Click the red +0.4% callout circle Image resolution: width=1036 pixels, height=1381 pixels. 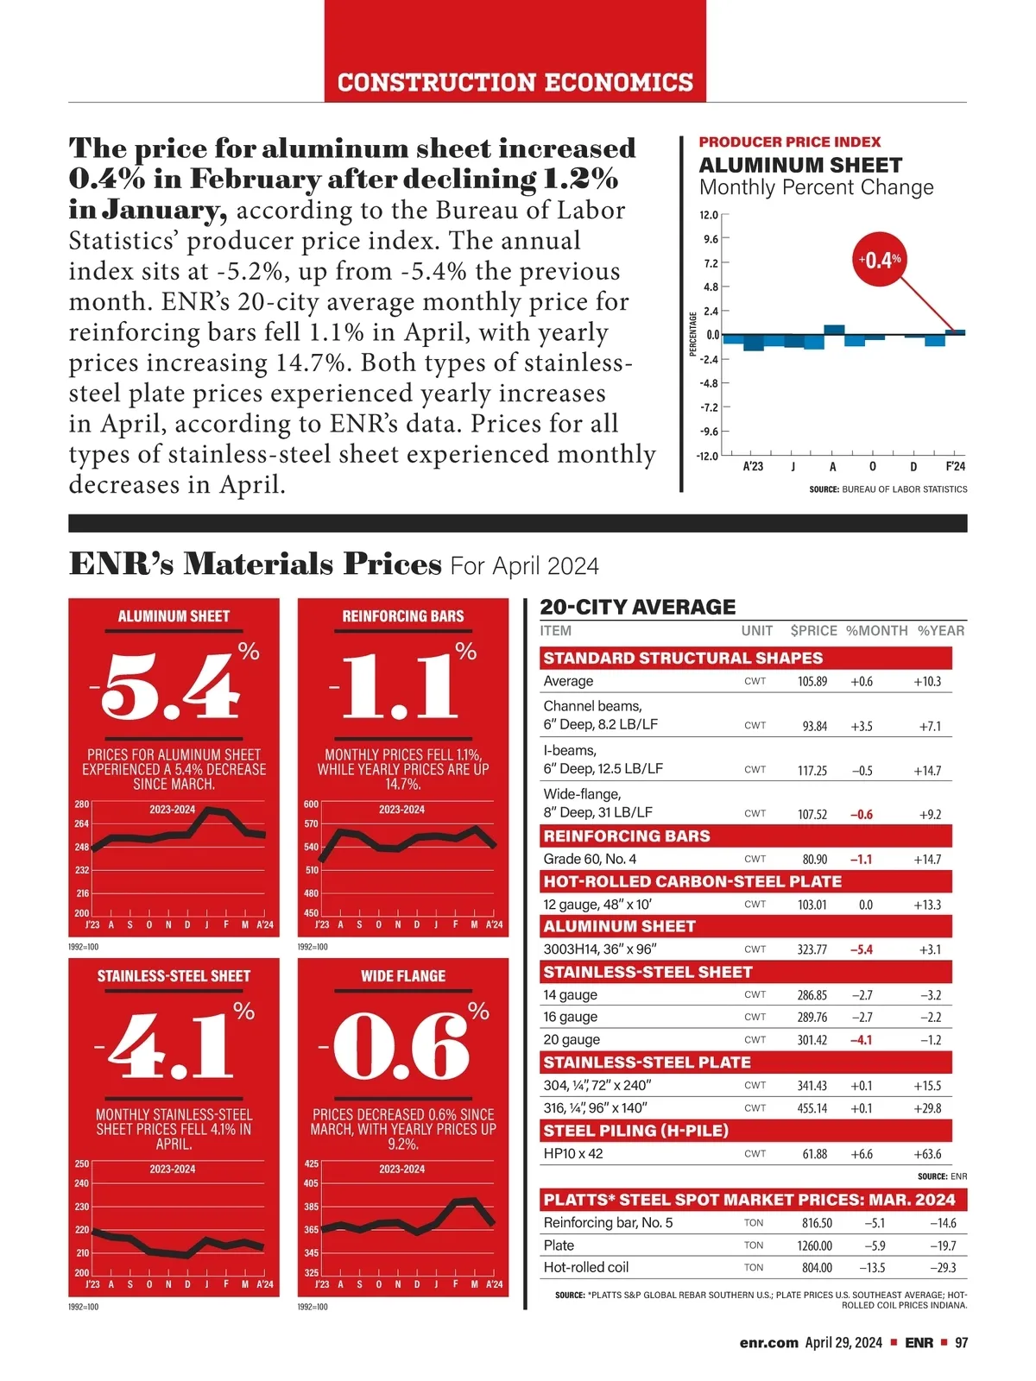[x=880, y=260]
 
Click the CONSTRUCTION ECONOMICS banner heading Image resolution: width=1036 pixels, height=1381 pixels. [x=515, y=83]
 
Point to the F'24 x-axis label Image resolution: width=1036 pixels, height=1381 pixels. [x=955, y=467]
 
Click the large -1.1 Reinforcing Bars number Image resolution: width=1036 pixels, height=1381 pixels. [x=399, y=687]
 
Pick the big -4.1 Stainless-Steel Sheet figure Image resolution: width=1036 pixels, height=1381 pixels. [x=168, y=1047]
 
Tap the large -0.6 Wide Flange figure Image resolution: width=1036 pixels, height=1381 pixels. [x=399, y=1047]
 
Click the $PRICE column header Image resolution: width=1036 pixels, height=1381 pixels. [x=813, y=631]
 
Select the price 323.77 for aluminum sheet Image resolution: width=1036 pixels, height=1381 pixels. [x=812, y=949]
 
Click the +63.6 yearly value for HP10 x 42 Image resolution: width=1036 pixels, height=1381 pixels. [x=927, y=1154]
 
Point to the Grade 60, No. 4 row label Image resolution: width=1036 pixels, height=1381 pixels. [x=590, y=859]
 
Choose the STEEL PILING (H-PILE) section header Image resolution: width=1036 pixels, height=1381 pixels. [x=635, y=1131]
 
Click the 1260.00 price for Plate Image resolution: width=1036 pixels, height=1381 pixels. [x=814, y=1245]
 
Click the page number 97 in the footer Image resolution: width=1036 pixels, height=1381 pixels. [x=961, y=1343]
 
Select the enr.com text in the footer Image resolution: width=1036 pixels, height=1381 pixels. [x=768, y=1343]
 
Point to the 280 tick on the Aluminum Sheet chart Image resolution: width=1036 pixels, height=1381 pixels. [x=81, y=804]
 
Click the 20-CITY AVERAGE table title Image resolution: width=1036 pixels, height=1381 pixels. [x=638, y=607]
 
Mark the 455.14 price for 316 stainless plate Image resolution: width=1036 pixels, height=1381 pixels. [x=812, y=1108]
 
